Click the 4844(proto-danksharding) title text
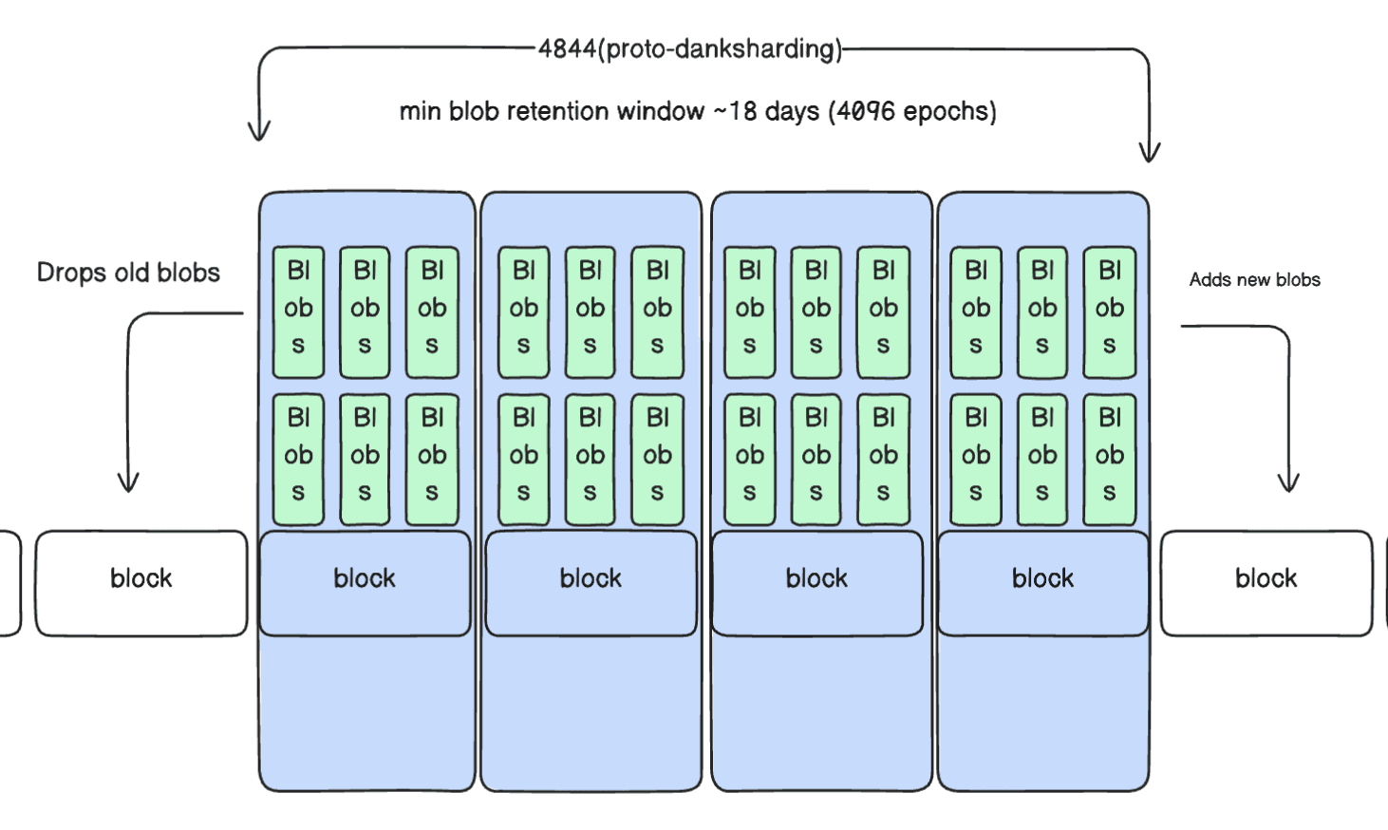tap(690, 49)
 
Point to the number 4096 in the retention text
tap(865, 112)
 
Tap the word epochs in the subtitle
tap(945, 112)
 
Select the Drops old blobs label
tap(128, 273)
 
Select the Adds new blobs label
tap(1254, 279)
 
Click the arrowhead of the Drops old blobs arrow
tap(128, 483)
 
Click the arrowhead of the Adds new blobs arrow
tap(1288, 483)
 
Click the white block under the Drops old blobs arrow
tap(141, 582)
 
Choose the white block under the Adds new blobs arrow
tap(1266, 582)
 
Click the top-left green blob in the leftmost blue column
tap(298, 311)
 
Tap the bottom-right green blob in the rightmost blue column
tap(1109, 459)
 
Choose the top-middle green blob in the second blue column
tap(590, 311)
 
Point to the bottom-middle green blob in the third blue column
tap(816, 459)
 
